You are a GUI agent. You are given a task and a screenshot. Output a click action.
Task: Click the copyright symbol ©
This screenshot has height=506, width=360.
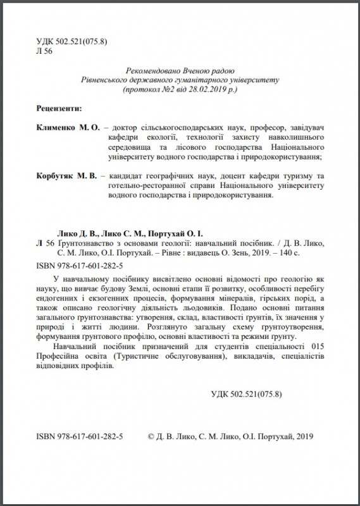pyautogui.click(x=151, y=436)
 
